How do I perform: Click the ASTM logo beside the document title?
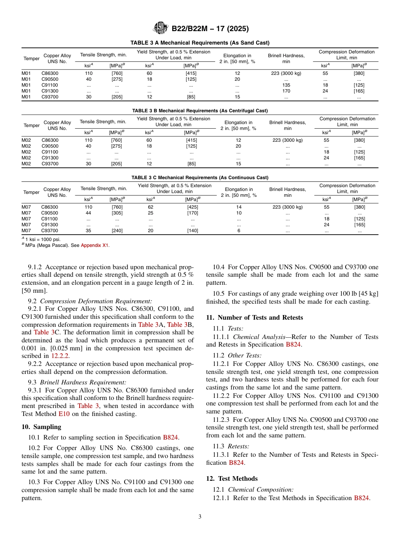tap(161, 28)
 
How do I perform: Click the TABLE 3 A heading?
tap(200, 43)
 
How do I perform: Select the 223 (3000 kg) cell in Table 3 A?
tap(286, 73)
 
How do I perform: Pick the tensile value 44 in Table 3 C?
tap(88, 213)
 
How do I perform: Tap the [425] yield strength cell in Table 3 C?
tap(192, 207)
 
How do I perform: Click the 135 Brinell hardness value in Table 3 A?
tap(286, 85)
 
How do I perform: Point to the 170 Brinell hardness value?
tap(286, 91)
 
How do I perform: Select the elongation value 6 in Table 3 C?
tap(239, 230)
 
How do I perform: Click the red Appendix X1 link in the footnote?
tap(94, 246)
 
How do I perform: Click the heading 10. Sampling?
tap(41, 426)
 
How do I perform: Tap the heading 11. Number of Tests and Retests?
tap(254, 318)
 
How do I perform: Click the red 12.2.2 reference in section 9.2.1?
tap(60, 355)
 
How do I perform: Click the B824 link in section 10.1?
tap(171, 437)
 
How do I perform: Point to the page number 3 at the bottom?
tap(200, 517)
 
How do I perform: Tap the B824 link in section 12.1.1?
tap(361, 498)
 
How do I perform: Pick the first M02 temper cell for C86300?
tap(27, 140)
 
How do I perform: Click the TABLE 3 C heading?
tap(200, 177)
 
